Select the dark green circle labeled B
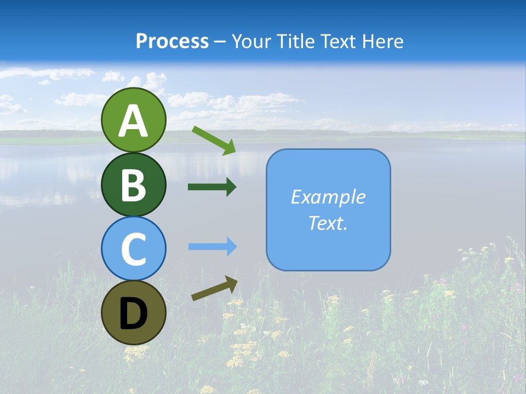click(x=133, y=184)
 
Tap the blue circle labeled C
click(x=133, y=248)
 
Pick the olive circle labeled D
click(x=133, y=312)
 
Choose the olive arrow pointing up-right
click(x=214, y=288)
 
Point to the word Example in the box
click(x=328, y=197)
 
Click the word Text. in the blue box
click(x=328, y=223)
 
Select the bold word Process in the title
click(x=172, y=42)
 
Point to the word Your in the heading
click(x=253, y=42)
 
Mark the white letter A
click(x=133, y=121)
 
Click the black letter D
click(x=133, y=315)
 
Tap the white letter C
click(x=133, y=250)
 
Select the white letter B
click(x=133, y=186)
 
